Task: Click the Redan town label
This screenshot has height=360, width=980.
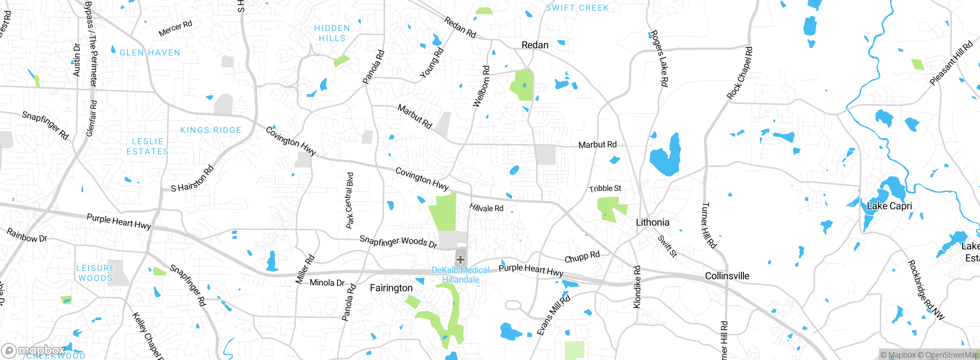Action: pos(535,45)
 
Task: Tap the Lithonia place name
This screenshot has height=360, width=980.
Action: pos(652,223)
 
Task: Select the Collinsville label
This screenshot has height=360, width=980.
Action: pos(727,276)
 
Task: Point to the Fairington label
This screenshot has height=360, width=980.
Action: pos(391,288)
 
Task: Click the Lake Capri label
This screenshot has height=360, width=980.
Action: pos(889,206)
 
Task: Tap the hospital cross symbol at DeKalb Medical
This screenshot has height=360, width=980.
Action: pos(461,260)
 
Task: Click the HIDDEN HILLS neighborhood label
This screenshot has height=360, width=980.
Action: pos(332,33)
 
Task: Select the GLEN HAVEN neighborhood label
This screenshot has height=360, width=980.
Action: pos(150,53)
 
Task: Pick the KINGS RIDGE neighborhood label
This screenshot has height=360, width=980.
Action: pos(211,130)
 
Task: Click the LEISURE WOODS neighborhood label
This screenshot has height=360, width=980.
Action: pos(95,273)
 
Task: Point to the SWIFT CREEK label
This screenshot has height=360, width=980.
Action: pos(577,8)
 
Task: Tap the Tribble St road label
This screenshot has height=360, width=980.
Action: pos(605,188)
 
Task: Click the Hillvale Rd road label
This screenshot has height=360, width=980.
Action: pos(486,208)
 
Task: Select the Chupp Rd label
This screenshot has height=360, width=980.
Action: pos(582,257)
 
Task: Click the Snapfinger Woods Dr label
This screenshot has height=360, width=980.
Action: pos(398,242)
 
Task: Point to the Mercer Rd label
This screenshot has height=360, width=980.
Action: pos(175,29)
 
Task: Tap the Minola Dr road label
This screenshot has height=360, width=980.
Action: pos(327,283)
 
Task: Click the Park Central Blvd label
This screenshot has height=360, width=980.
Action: pos(350,200)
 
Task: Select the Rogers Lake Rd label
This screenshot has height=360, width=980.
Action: pos(660,58)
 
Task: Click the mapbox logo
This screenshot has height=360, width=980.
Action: pos(34,350)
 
